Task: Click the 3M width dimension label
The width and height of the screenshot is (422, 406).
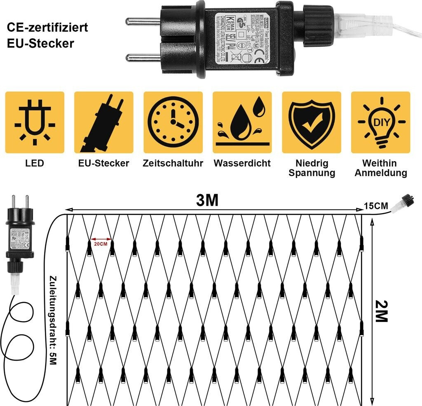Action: [207, 201]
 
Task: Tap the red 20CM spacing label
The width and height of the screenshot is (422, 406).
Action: [101, 243]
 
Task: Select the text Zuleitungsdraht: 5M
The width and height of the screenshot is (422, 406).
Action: [53, 319]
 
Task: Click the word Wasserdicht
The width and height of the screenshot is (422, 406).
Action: [242, 163]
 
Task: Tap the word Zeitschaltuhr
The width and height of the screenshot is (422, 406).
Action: [173, 163]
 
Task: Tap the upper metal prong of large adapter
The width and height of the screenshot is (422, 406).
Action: [143, 21]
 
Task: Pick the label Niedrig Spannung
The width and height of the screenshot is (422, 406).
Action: [312, 168]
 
